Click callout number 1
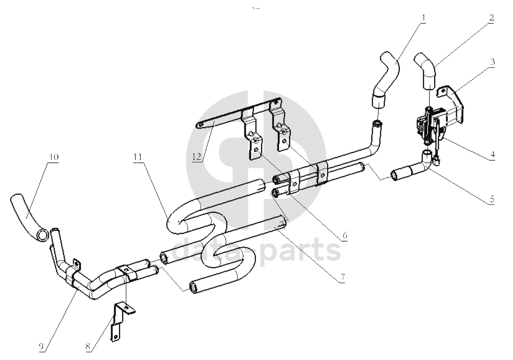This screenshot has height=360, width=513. (423, 19)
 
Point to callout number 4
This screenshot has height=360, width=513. (492, 154)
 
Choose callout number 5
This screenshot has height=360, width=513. (492, 199)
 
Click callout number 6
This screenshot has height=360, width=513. (344, 236)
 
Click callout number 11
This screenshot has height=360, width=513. (138, 157)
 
